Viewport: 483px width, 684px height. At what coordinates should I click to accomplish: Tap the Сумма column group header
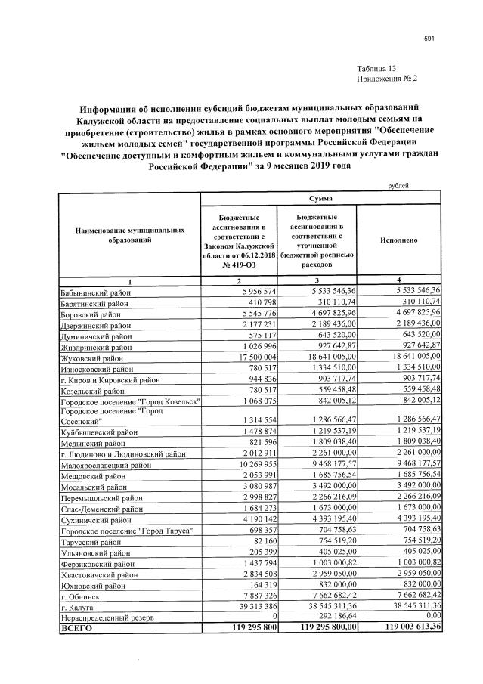coord(319,198)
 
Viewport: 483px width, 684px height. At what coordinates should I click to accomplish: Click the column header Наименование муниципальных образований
coord(129,234)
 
